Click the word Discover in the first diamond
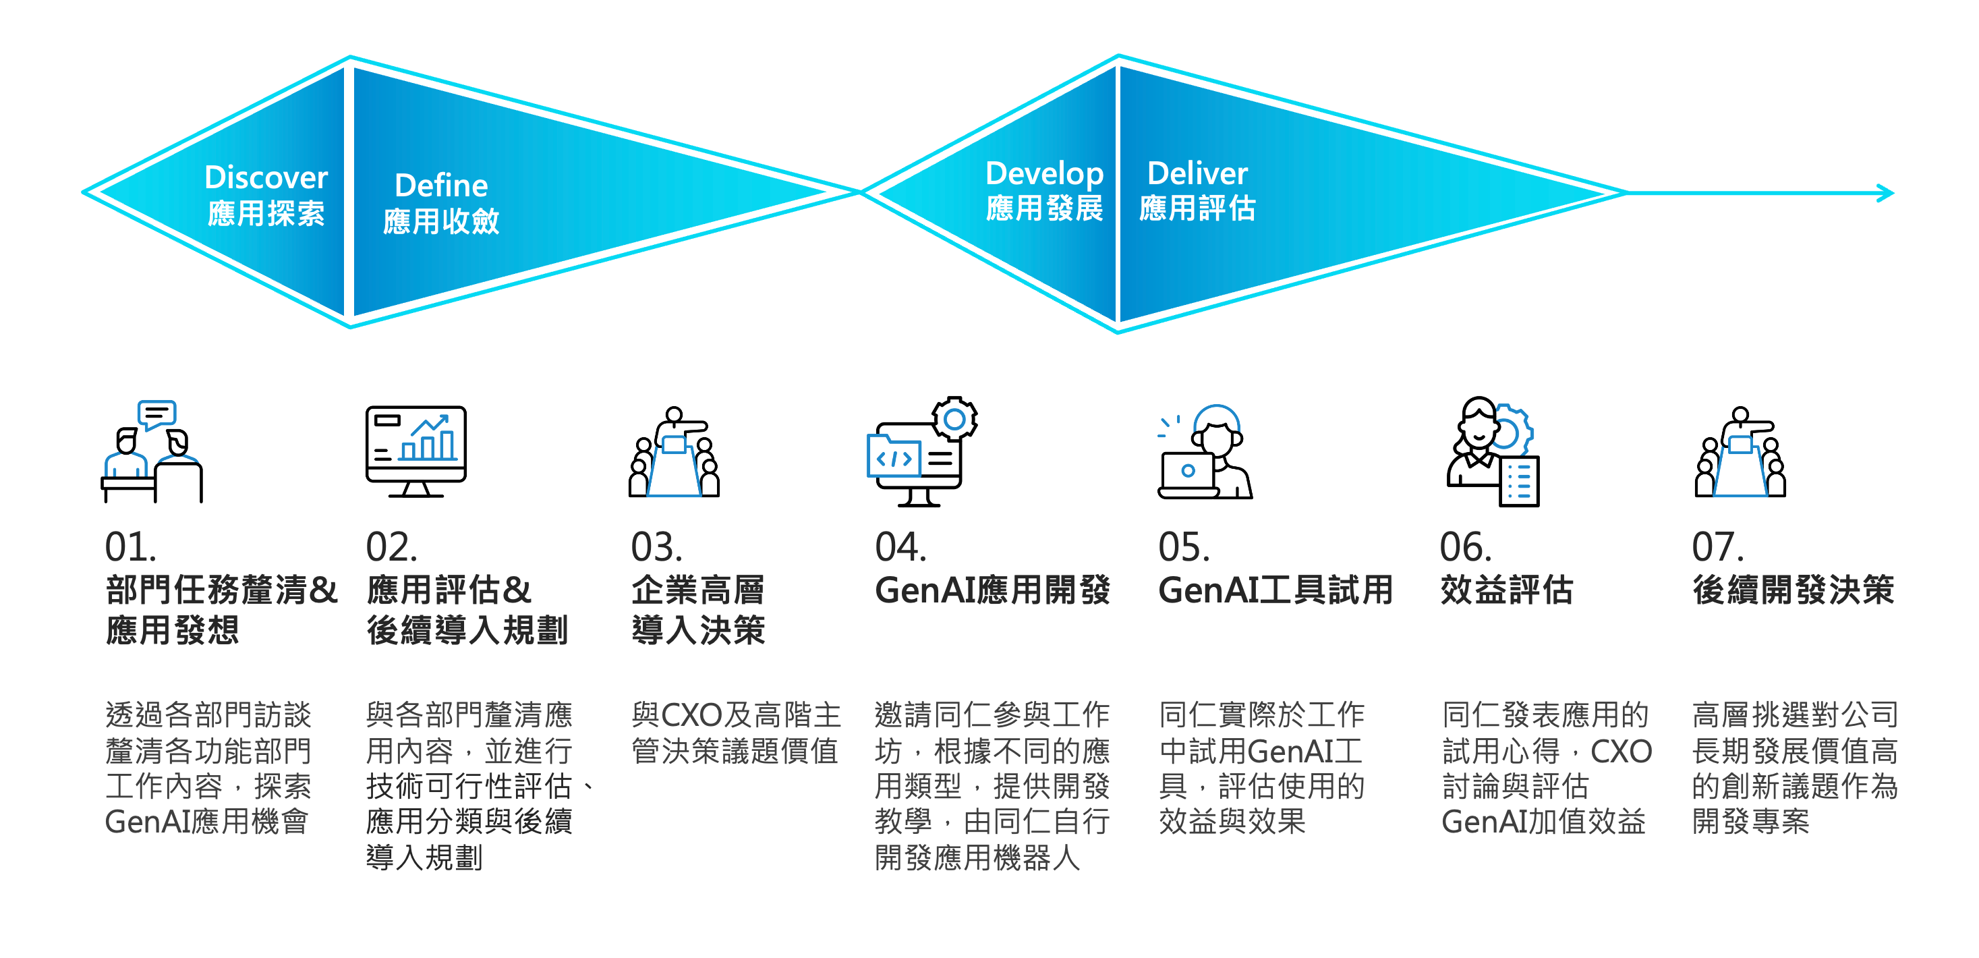[x=266, y=177]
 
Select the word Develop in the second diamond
[x=1044, y=173]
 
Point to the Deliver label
[x=1197, y=173]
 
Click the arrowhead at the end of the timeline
[x=1885, y=193]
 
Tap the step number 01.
[x=131, y=547]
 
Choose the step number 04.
[x=900, y=547]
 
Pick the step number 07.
[x=1718, y=547]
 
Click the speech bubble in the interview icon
[x=156, y=414]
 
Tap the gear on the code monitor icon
[x=954, y=419]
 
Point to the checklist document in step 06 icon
[x=1520, y=482]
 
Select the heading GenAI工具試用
[x=1275, y=590]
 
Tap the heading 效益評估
[x=1507, y=590]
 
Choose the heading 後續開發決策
[x=1793, y=590]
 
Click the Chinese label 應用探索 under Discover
[x=266, y=214]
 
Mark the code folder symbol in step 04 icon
[x=894, y=458]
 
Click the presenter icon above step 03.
[x=674, y=453]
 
